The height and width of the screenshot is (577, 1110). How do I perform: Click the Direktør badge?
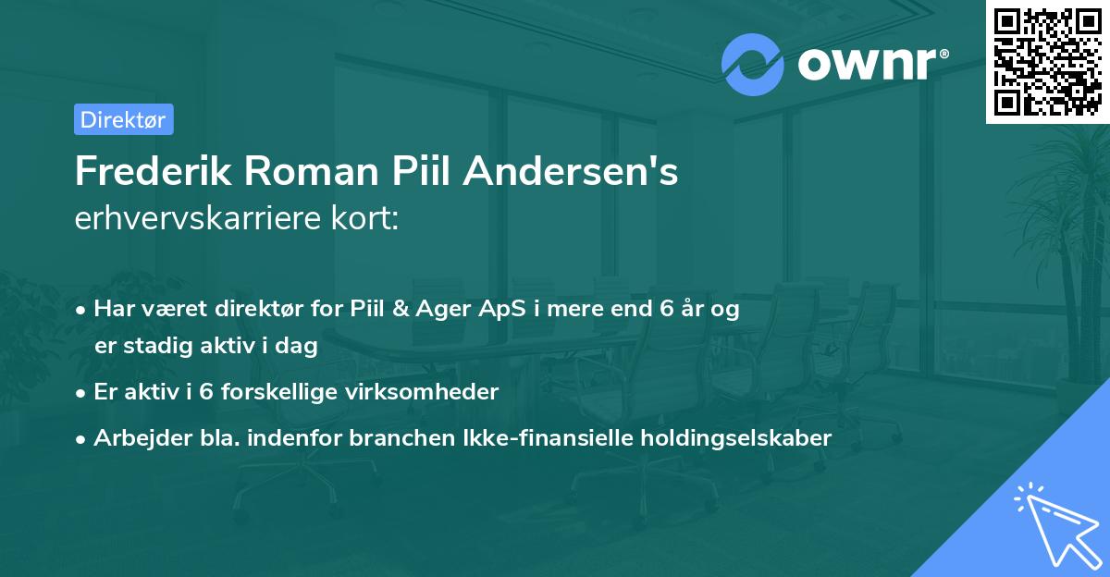tap(123, 119)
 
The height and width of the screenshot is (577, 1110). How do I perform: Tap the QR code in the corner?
tap(1048, 62)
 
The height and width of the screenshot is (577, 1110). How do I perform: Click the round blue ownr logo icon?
tap(753, 65)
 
